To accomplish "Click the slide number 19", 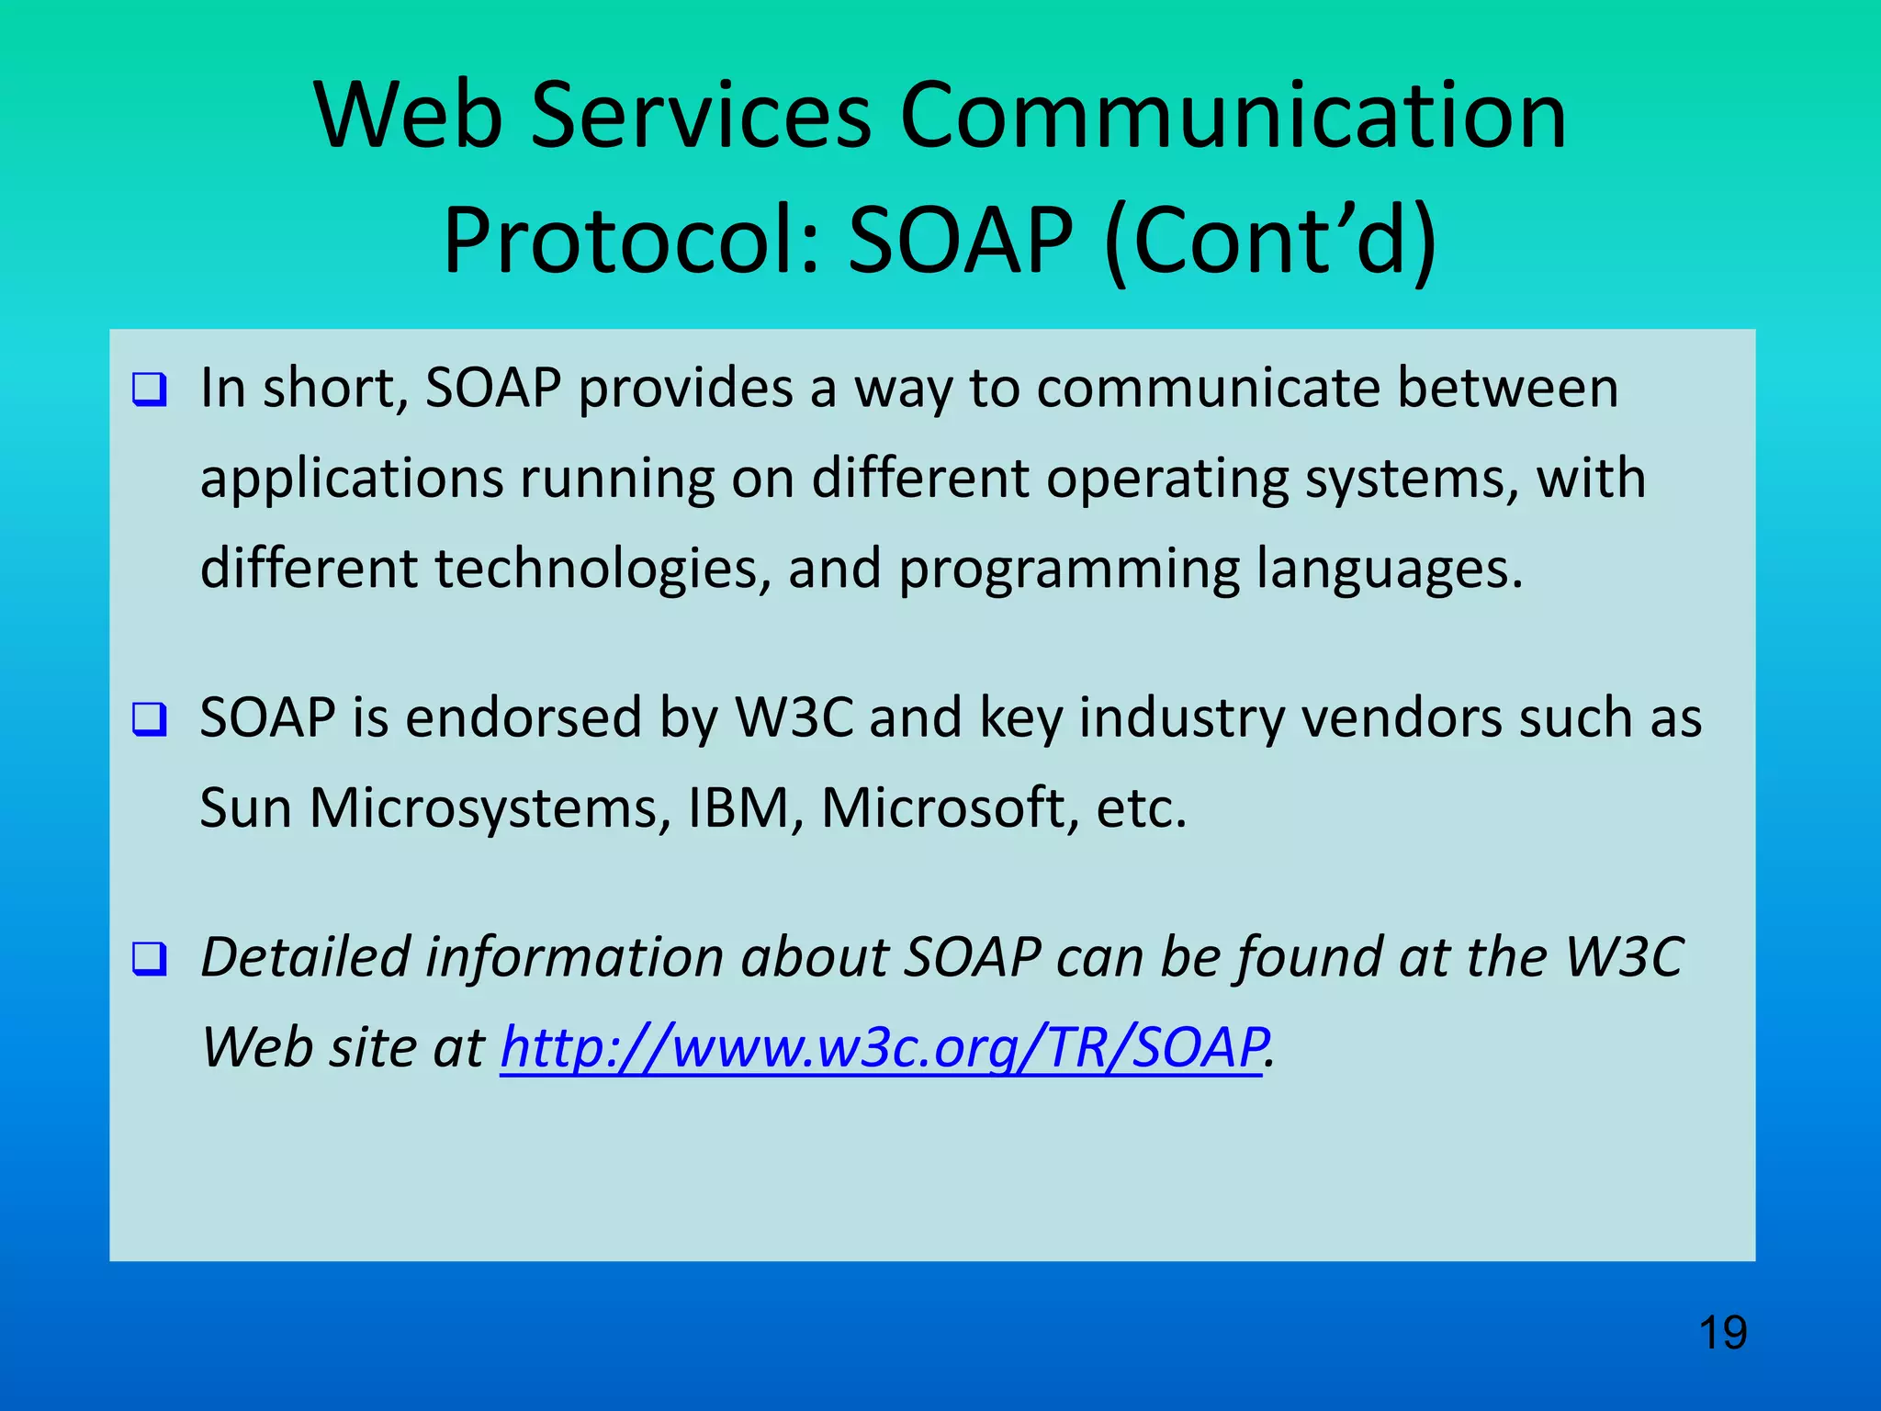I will pos(1722,1333).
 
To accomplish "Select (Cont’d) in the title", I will pos(1270,241).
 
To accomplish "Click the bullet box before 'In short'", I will pos(150,389).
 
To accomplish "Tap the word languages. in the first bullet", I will pos(1390,570).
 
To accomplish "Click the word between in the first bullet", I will pos(1507,388).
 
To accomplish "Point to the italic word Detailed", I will pos(306,957).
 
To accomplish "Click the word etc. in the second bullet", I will pos(1142,808).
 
